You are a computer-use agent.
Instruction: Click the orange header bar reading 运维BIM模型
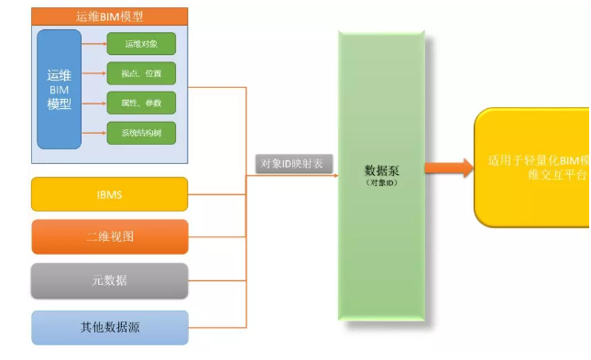(109, 16)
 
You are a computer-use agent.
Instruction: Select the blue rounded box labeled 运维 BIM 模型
(59, 89)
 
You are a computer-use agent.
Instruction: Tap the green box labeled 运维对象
(140, 44)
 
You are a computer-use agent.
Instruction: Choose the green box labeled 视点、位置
(140, 73)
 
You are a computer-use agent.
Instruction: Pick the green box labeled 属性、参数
(140, 103)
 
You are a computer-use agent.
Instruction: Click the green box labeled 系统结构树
(140, 134)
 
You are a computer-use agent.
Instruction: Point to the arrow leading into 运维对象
(94, 43)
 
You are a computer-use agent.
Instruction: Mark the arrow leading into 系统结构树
(94, 134)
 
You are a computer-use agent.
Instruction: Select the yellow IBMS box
(109, 194)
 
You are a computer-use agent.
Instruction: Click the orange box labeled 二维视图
(109, 236)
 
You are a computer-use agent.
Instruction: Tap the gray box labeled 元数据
(109, 280)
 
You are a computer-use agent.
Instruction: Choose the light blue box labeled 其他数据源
(109, 326)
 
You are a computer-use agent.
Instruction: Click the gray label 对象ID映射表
(296, 164)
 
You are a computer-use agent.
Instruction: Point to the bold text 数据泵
(381, 170)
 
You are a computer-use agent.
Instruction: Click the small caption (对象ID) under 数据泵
(381, 183)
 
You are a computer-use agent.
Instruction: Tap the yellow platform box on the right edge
(531, 167)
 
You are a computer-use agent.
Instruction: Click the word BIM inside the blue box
(59, 90)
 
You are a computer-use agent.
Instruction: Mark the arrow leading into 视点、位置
(94, 73)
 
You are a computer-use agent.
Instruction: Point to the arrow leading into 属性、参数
(94, 103)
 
